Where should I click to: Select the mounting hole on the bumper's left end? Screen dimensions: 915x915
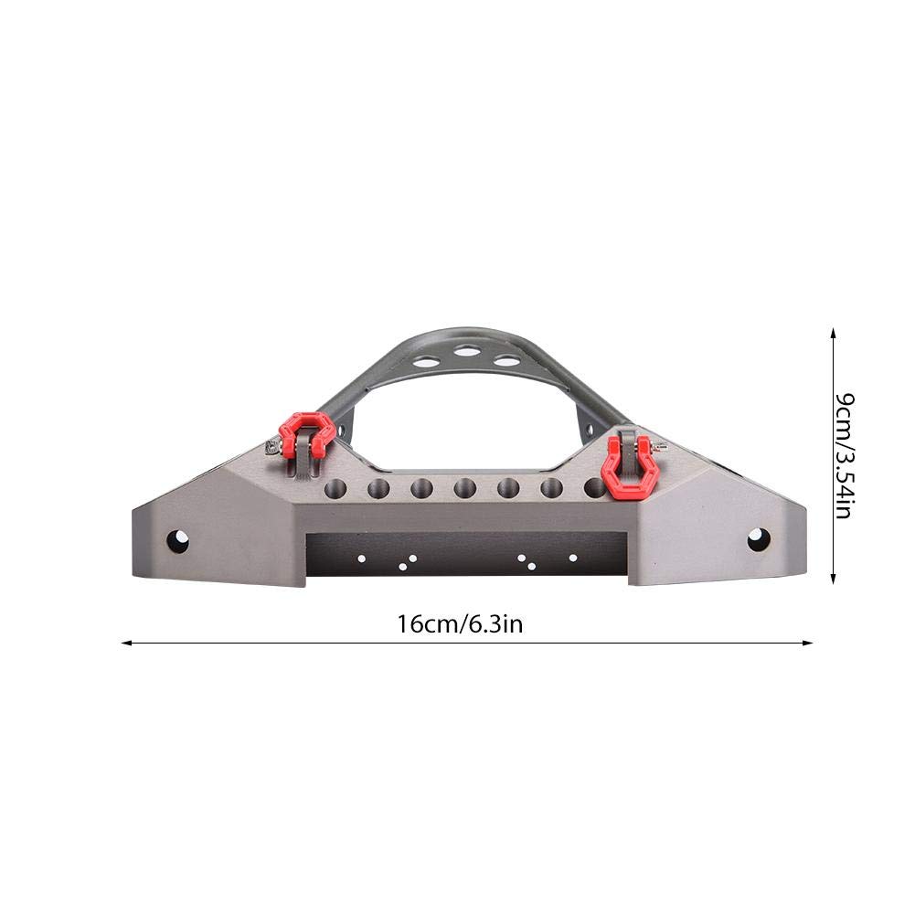(177, 541)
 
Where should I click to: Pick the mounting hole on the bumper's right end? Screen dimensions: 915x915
(758, 539)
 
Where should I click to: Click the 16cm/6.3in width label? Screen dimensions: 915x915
(460, 624)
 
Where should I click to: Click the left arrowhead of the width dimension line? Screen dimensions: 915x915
(126, 643)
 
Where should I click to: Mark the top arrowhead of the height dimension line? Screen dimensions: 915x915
(832, 334)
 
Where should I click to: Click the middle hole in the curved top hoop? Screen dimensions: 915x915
(466, 351)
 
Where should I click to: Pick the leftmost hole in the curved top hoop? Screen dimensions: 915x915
(423, 362)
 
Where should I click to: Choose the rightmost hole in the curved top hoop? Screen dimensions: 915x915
(505, 360)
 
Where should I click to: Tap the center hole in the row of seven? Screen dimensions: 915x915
(464, 489)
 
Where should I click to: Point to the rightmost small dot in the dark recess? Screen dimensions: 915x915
(573, 557)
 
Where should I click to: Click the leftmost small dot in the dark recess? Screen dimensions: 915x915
(362, 557)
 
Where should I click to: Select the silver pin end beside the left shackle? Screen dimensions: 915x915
(271, 446)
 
